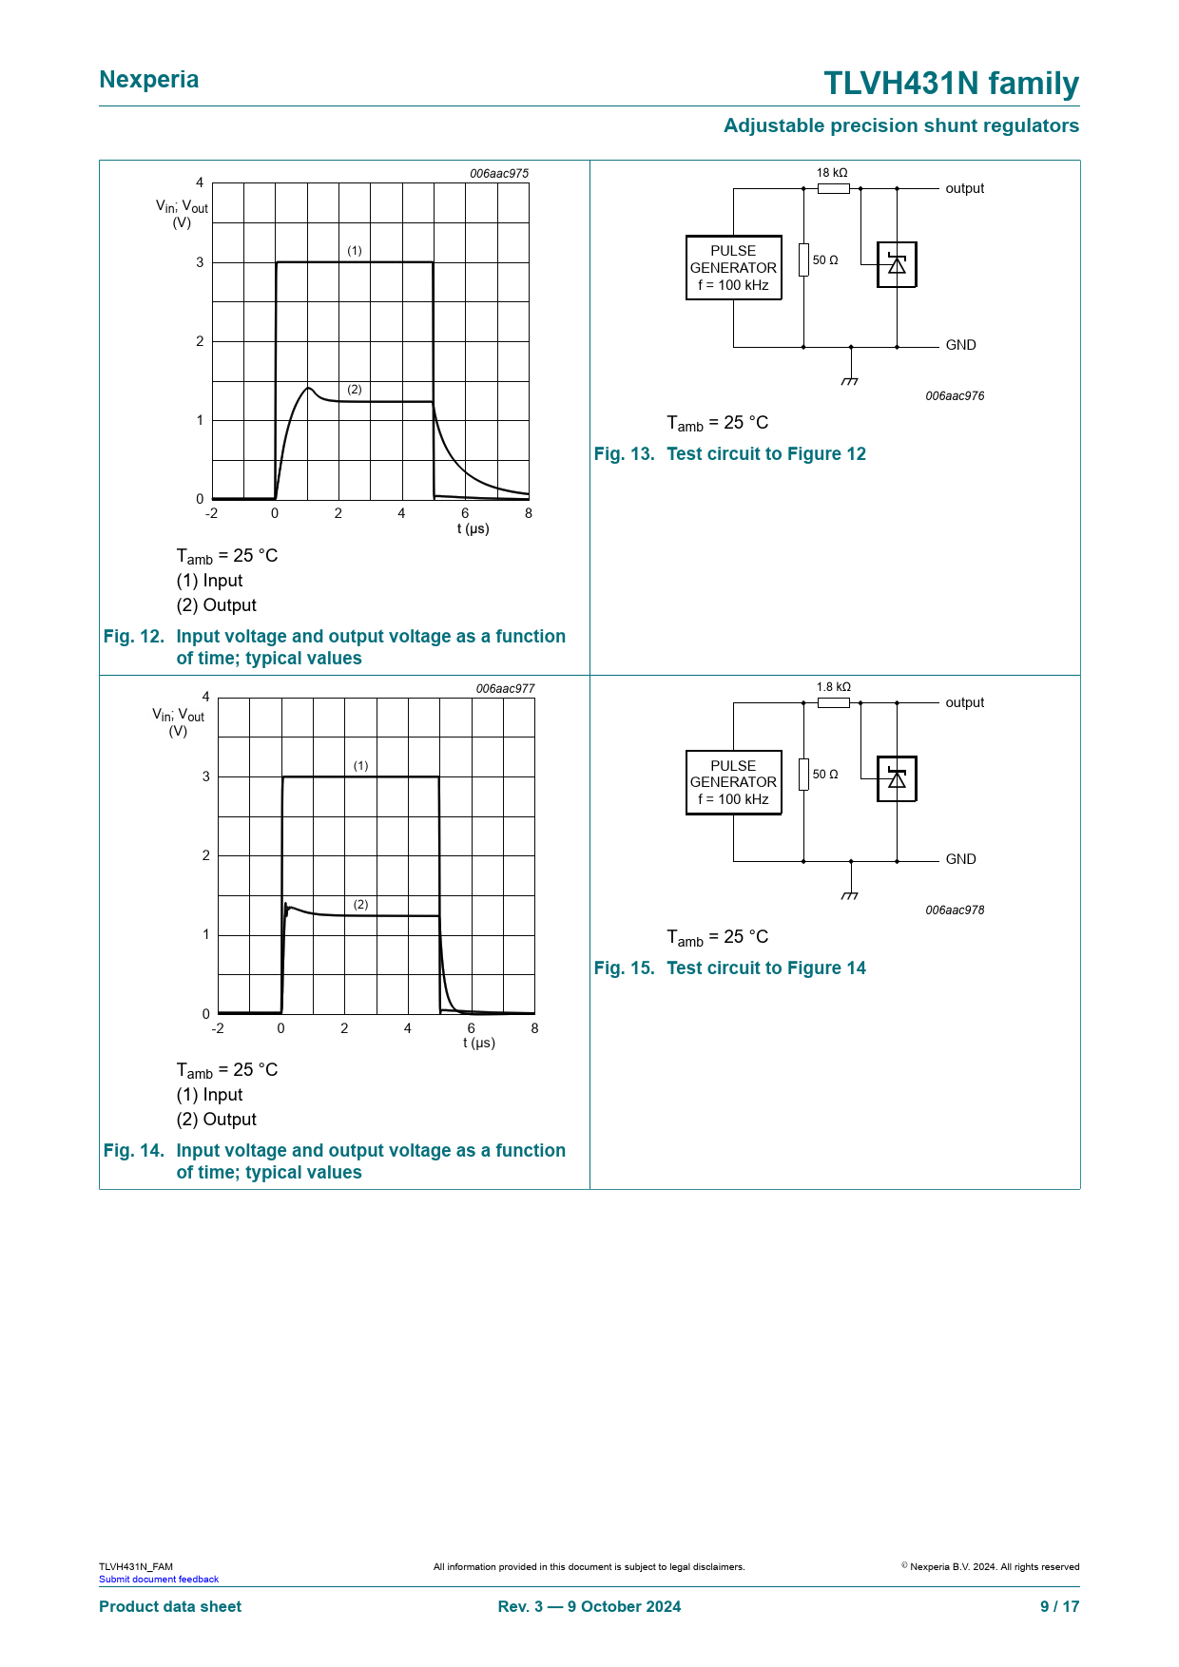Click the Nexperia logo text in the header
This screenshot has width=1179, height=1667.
[x=149, y=80]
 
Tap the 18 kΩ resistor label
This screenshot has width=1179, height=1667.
[x=831, y=173]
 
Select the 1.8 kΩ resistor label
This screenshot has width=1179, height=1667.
[x=833, y=687]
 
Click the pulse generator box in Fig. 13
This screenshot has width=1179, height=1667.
[x=733, y=268]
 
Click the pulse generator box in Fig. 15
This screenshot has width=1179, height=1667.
[x=733, y=782]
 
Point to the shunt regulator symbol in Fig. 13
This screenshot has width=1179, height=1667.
[x=897, y=264]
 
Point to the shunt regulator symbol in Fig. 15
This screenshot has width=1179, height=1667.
[x=897, y=778]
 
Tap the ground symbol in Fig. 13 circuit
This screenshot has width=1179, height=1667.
[x=850, y=379]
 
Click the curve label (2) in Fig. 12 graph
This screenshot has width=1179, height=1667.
[x=355, y=390]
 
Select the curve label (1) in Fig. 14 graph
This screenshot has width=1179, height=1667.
[x=360, y=766]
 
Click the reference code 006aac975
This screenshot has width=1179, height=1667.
[x=499, y=174]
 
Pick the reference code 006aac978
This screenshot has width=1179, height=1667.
[x=955, y=910]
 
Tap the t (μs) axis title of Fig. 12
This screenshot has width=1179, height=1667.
[x=474, y=529]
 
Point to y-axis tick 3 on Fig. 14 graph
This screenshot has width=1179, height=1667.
[x=206, y=776]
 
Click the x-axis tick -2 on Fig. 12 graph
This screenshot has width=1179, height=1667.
[x=212, y=514]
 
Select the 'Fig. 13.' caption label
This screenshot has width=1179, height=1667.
[x=624, y=454]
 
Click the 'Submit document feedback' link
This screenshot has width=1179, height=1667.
[x=159, y=1580]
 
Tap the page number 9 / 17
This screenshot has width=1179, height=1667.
[x=1059, y=1606]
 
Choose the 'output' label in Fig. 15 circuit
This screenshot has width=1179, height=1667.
[x=964, y=703]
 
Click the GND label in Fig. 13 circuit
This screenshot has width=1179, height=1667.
[x=960, y=346]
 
